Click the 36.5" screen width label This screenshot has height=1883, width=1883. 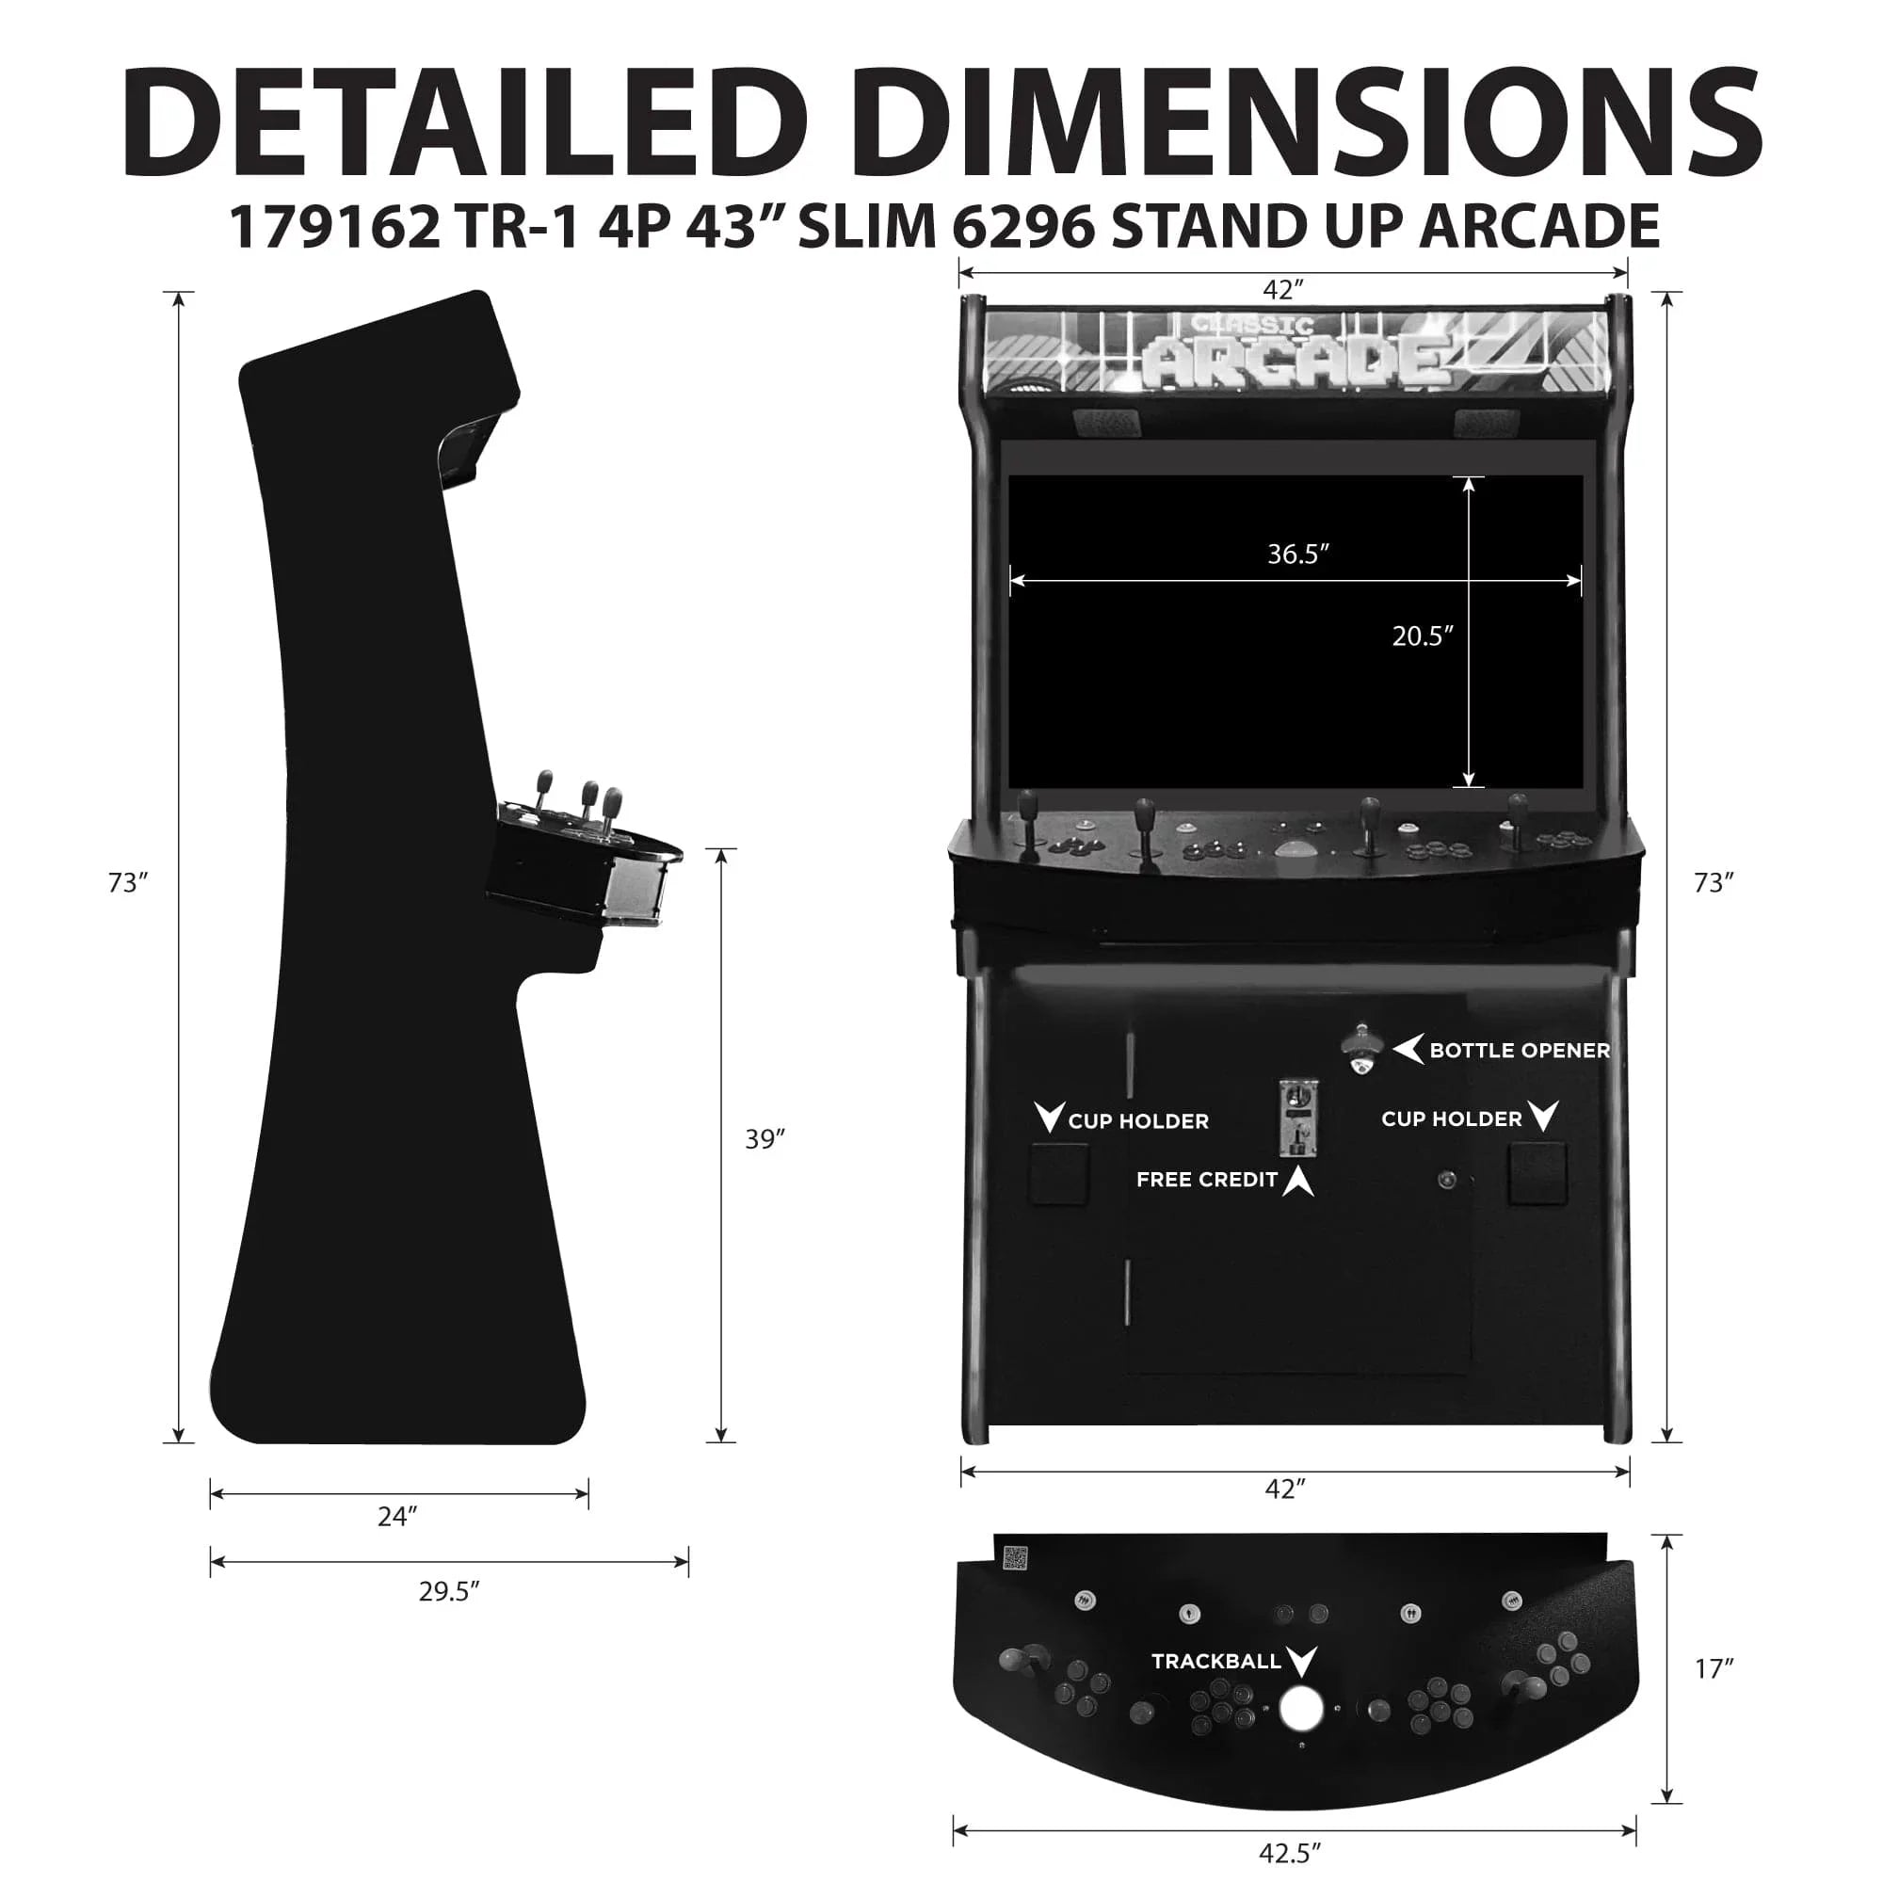coord(1297,554)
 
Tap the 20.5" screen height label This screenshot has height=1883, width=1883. coord(1422,636)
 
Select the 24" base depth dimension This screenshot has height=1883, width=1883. coord(397,1516)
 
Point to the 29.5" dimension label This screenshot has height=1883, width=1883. coord(448,1591)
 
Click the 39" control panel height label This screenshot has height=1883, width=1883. coord(765,1138)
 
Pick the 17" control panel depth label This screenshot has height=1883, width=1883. coord(1714,1669)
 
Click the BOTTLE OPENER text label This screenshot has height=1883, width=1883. coord(1520,1051)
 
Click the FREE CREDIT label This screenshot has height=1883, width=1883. coord(1207,1180)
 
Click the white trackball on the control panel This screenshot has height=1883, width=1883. coord(1301,1709)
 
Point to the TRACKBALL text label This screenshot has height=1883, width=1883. coord(1215,1661)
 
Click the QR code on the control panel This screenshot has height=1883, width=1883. coord(1016,1558)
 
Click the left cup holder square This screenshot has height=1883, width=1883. coord(1059,1174)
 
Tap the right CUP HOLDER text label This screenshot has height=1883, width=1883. coord(1451,1119)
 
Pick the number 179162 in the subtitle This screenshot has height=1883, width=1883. coord(334,226)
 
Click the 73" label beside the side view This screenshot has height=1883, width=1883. coord(128,882)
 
